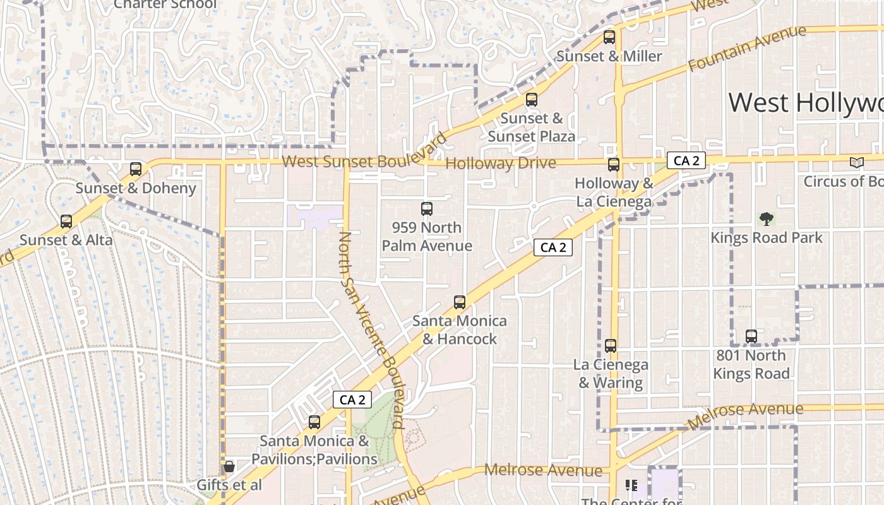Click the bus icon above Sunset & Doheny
[136, 169]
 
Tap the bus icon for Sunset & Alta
[66, 222]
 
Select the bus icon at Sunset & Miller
[609, 37]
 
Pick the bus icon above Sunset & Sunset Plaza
[532, 100]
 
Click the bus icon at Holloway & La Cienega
[614, 165]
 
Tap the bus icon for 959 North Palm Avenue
[427, 209]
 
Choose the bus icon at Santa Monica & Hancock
[460, 302]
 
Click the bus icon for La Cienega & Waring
[611, 346]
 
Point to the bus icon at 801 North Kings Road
[751, 336]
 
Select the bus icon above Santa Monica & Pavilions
[314, 422]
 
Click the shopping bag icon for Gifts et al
[229, 466]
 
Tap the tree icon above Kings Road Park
[767, 219]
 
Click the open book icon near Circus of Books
[856, 163]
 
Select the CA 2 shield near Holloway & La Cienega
[686, 160]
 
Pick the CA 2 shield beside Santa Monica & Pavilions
[352, 400]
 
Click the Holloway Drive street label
[501, 163]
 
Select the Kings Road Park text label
[767, 238]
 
